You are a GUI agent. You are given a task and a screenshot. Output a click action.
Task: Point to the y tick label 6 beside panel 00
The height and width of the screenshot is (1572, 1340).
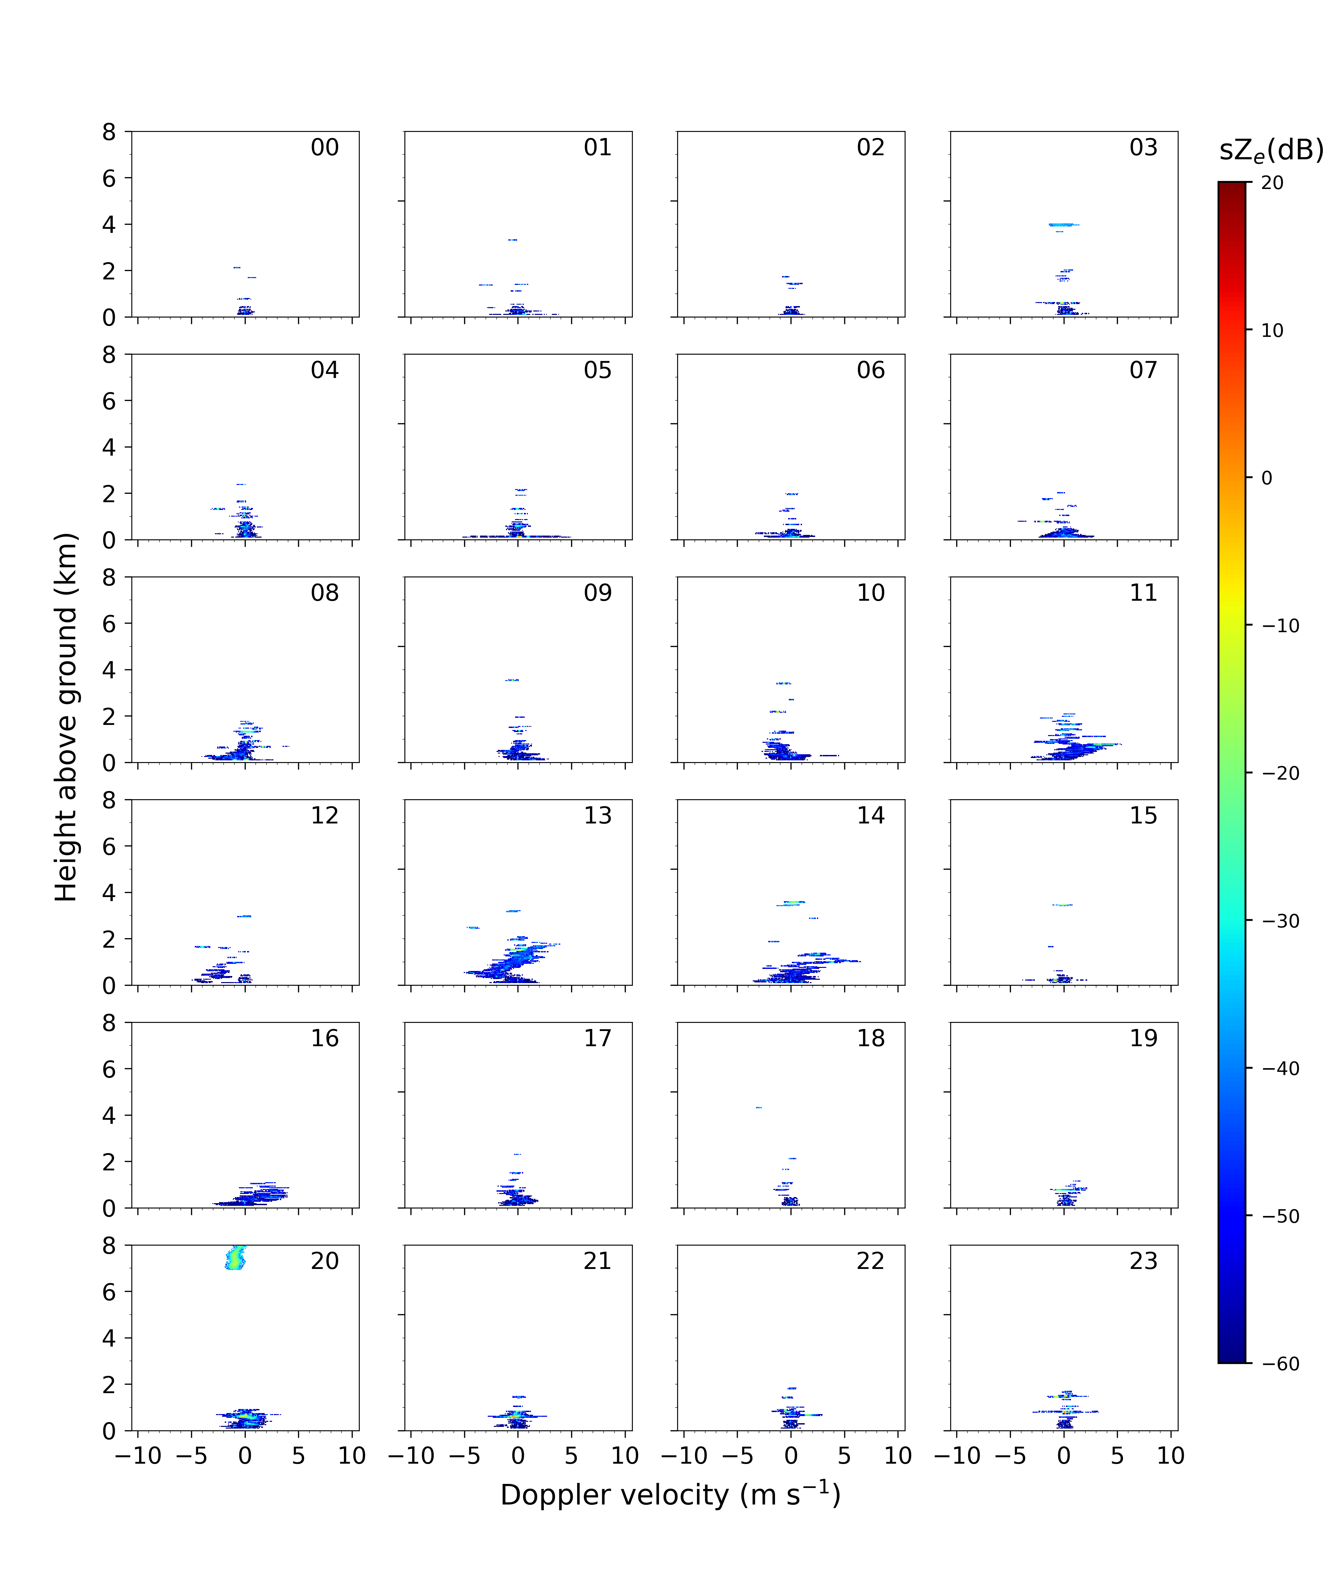pyautogui.click(x=109, y=178)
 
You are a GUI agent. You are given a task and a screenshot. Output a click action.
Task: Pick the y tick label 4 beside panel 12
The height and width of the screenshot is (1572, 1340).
pyautogui.click(x=109, y=893)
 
